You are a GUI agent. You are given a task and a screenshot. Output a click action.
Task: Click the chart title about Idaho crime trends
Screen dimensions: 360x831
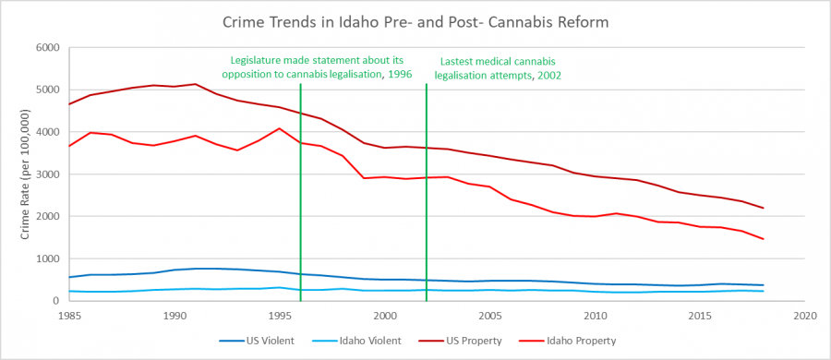coord(416,20)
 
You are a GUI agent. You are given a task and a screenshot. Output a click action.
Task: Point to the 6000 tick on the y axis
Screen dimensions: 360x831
coord(46,48)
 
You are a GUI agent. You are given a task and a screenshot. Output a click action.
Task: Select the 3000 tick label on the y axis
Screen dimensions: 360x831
coord(46,174)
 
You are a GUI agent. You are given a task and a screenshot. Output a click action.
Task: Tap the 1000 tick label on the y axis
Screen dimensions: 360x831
coord(46,258)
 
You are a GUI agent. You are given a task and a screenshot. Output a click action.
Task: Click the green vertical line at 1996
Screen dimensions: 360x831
coord(301,203)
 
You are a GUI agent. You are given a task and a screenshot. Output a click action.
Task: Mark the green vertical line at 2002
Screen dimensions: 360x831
coord(427,203)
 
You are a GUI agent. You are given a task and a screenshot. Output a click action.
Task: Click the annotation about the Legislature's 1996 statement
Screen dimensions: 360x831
coord(315,67)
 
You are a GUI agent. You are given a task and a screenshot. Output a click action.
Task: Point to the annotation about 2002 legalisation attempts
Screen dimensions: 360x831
coord(500,67)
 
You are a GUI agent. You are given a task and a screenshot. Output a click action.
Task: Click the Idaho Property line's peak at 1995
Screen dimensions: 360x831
coord(280,128)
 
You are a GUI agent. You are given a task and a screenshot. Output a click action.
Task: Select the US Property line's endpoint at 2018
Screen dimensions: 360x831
coord(764,208)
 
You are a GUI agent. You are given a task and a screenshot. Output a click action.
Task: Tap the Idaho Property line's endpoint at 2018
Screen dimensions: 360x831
coord(764,239)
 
